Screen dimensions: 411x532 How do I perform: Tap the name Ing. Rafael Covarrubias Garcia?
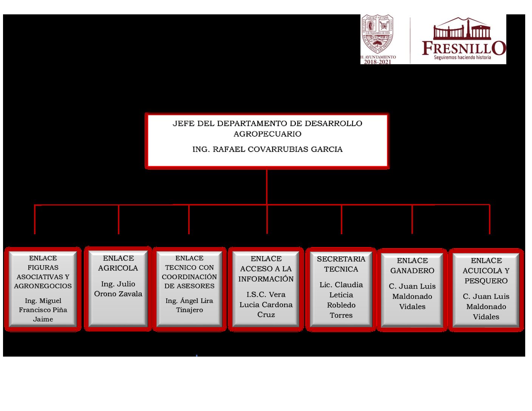coord(267,149)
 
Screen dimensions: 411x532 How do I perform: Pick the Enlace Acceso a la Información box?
coord(266,289)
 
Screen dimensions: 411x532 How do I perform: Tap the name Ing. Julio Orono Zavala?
coord(118,289)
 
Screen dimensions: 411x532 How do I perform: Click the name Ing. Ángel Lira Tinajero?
coord(189,305)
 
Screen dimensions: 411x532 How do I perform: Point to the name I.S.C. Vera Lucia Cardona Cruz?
coord(266,304)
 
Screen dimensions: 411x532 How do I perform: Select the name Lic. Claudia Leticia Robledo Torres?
coord(341,300)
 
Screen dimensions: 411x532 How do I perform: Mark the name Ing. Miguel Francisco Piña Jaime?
coord(43,310)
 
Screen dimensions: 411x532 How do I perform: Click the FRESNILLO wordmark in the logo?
coord(464,48)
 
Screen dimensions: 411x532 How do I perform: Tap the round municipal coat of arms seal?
coord(377,34)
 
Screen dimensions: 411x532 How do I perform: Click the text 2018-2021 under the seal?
coord(377,62)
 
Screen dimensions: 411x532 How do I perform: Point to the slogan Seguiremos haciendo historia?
coord(462,57)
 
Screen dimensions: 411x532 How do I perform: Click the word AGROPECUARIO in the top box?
coord(267,134)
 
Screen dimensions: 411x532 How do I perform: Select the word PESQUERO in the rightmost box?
coord(486,281)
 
